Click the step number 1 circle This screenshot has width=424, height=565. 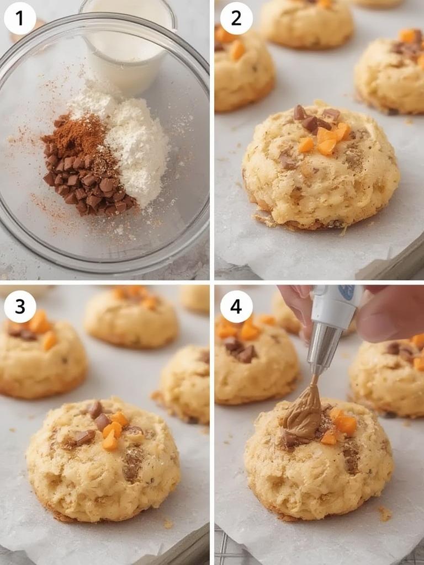pos(20,18)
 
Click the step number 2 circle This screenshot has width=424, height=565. pos(236,18)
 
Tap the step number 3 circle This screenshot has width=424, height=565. pos(20,306)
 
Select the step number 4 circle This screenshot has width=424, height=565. pos(236,306)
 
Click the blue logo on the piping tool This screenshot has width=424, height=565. pos(347,292)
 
